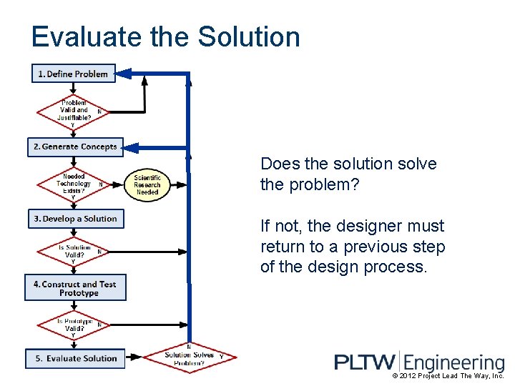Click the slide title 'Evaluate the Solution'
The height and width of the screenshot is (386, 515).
coord(165,37)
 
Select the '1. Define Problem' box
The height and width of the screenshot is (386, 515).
coord(73,74)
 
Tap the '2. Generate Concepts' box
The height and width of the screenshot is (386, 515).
coord(75,147)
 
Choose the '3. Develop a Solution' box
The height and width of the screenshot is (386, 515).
coord(75,219)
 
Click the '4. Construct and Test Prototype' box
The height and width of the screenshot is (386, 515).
coord(75,288)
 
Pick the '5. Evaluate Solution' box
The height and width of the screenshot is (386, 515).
coord(75,358)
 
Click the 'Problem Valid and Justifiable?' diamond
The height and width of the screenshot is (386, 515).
coord(74,111)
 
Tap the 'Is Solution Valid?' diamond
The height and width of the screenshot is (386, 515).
coord(74,251)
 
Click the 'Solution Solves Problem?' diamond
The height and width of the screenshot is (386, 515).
coord(189,356)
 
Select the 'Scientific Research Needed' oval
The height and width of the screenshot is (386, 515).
coord(147,184)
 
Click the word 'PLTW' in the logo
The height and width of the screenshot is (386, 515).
coord(363,362)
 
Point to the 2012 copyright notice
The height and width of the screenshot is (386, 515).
coord(448,376)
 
